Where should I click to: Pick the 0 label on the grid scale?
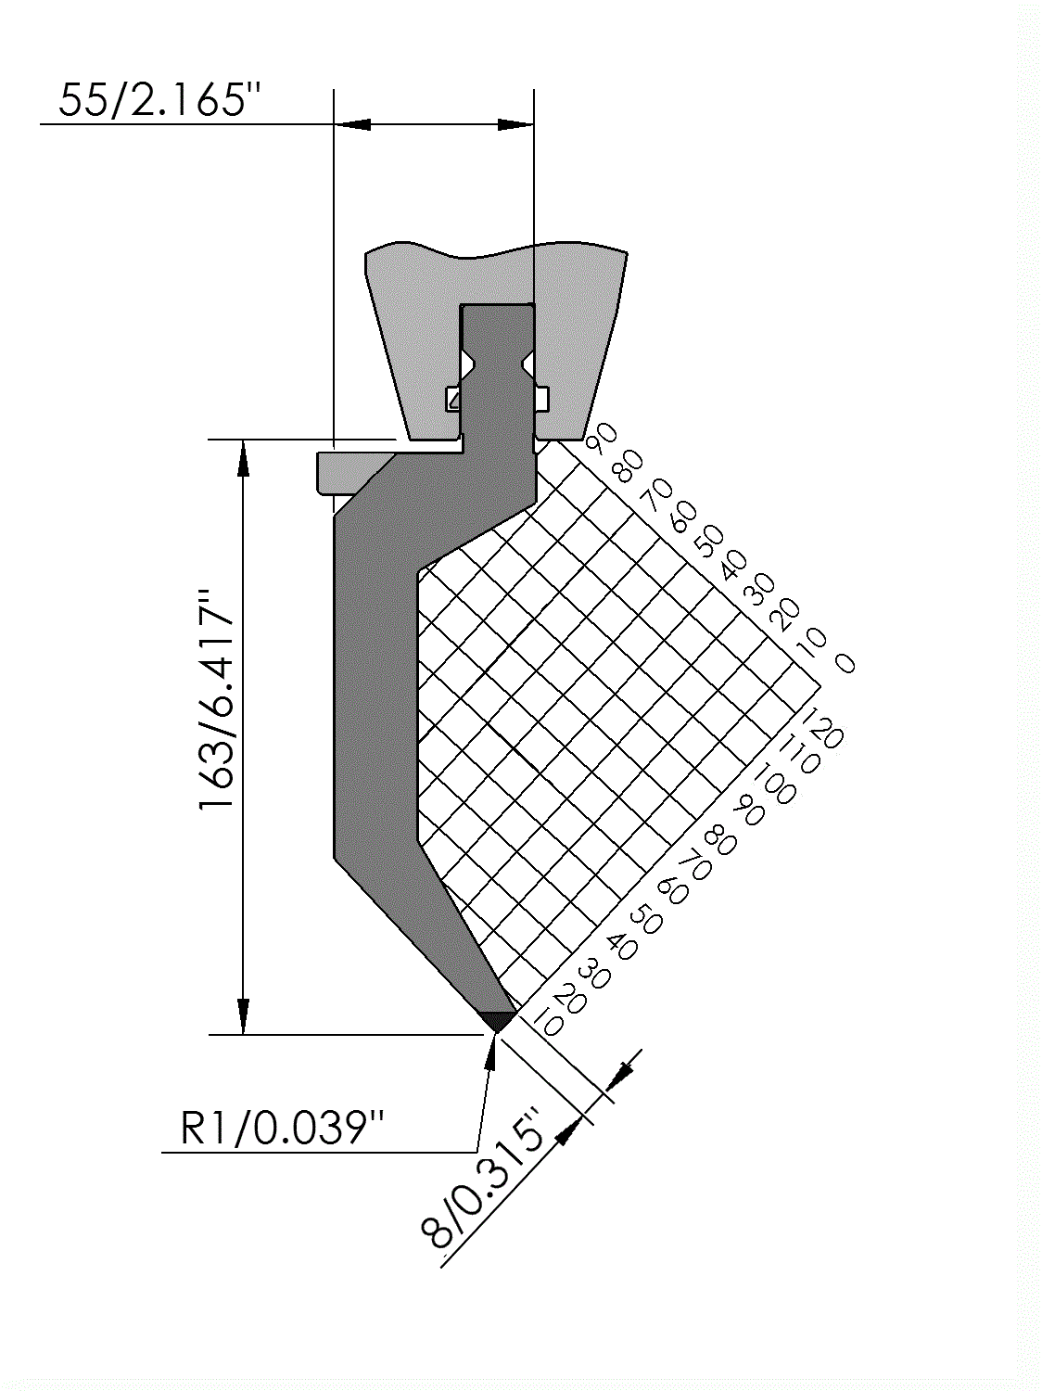pyautogui.click(x=845, y=663)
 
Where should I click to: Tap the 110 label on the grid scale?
pyautogui.click(x=802, y=754)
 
